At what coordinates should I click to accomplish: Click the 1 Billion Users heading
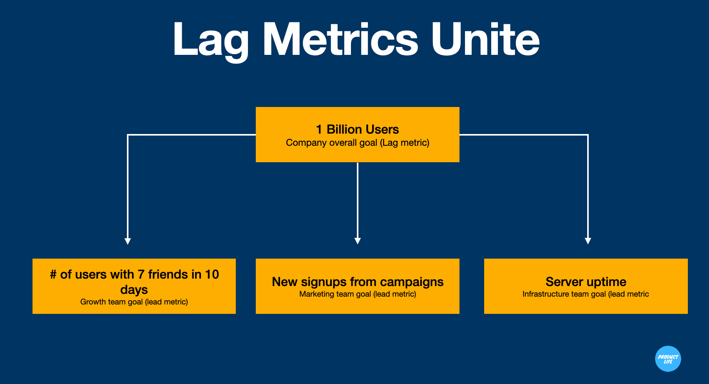pyautogui.click(x=357, y=129)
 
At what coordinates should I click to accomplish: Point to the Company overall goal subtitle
pyautogui.click(x=357, y=143)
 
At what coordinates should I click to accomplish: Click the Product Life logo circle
pyautogui.click(x=668, y=359)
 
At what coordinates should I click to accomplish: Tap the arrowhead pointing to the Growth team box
pyautogui.click(x=127, y=241)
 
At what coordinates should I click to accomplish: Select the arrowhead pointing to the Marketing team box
pyautogui.click(x=357, y=241)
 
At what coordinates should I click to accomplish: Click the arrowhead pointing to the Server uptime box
pyautogui.click(x=588, y=241)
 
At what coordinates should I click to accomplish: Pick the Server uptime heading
pyautogui.click(x=586, y=282)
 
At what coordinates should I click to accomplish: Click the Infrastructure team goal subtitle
pyautogui.click(x=586, y=294)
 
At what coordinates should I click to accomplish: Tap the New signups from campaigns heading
pyautogui.click(x=357, y=282)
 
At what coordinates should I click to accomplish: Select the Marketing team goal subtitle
pyautogui.click(x=357, y=294)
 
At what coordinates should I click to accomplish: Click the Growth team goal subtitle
pyautogui.click(x=134, y=302)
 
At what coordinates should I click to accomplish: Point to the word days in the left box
pyautogui.click(x=134, y=290)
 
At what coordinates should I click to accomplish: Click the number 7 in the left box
pyautogui.click(x=141, y=274)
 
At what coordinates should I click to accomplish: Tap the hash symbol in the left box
pyautogui.click(x=53, y=274)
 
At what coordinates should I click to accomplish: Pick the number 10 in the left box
pyautogui.click(x=212, y=274)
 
